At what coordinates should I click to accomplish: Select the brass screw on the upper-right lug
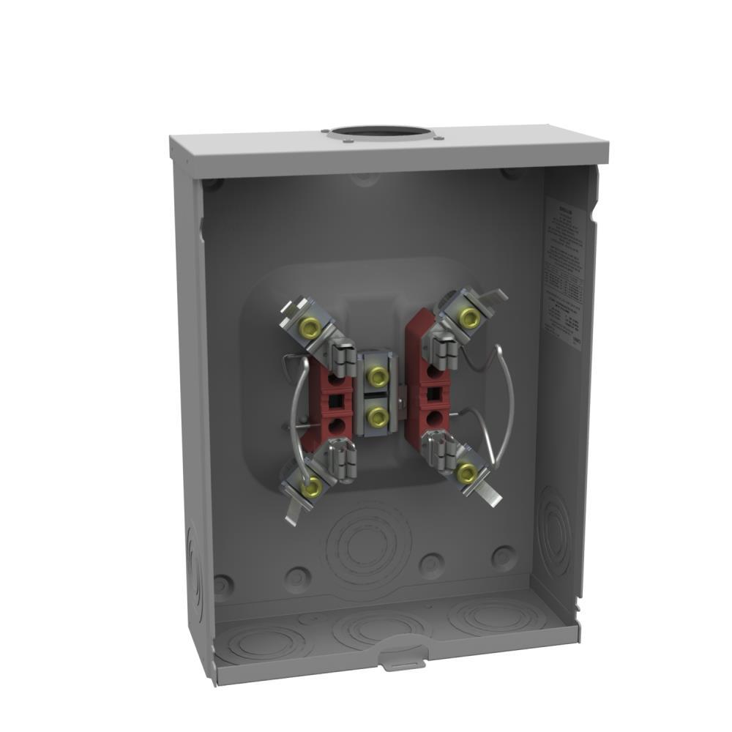click(x=467, y=317)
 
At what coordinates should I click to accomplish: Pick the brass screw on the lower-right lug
click(x=466, y=473)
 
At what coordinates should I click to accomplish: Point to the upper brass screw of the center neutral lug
click(x=377, y=377)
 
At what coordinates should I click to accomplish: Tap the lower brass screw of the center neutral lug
click(x=377, y=417)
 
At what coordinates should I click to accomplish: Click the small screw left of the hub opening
click(x=324, y=132)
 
